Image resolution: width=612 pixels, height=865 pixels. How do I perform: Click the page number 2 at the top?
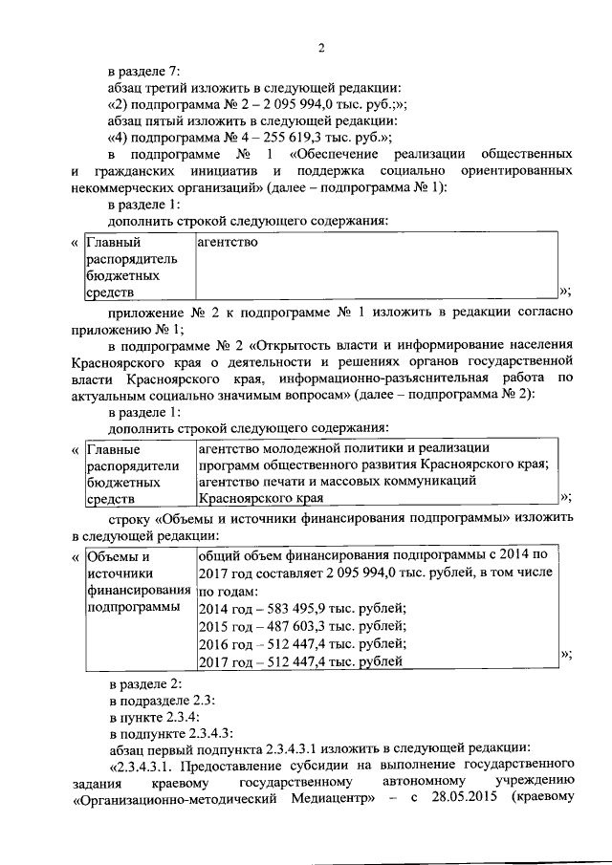[x=322, y=48]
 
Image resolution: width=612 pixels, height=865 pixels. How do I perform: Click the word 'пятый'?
[x=169, y=120]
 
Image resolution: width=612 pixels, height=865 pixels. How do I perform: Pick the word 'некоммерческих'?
[x=118, y=187]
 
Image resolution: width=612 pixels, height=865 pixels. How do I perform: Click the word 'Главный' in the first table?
[x=107, y=243]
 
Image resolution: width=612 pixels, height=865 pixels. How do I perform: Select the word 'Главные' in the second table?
[x=113, y=448]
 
